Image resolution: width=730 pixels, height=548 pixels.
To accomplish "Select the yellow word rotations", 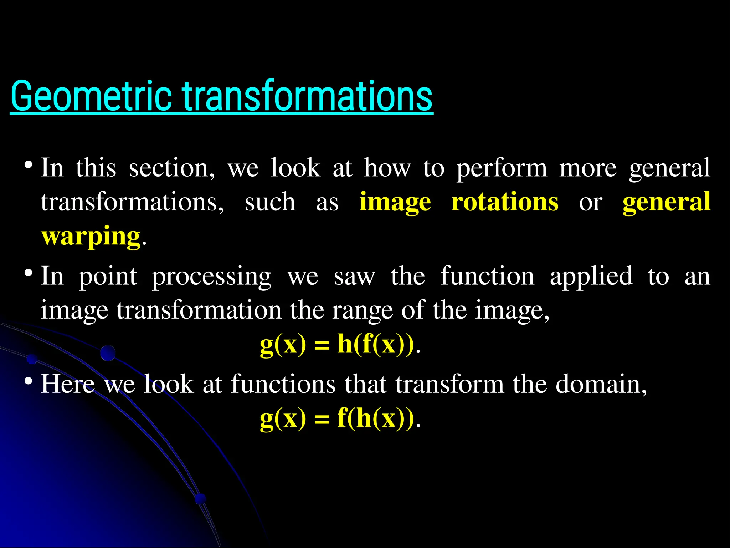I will (x=505, y=202).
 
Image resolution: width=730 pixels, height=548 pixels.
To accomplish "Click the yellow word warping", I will (x=91, y=236).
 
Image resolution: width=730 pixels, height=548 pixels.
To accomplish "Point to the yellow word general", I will (x=666, y=202).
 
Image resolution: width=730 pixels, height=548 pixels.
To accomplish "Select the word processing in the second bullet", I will (x=211, y=276).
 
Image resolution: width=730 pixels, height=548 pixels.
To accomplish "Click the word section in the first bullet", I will (x=171, y=168).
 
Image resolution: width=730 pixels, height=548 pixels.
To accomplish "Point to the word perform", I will (x=502, y=168).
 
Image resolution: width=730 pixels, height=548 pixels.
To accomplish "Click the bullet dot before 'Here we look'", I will (x=29, y=382).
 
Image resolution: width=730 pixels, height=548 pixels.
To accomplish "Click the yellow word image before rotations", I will (x=395, y=203).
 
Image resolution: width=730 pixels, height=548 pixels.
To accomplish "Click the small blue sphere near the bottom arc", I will (x=201, y=498).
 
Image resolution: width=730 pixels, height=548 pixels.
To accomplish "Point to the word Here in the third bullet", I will (x=68, y=384).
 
